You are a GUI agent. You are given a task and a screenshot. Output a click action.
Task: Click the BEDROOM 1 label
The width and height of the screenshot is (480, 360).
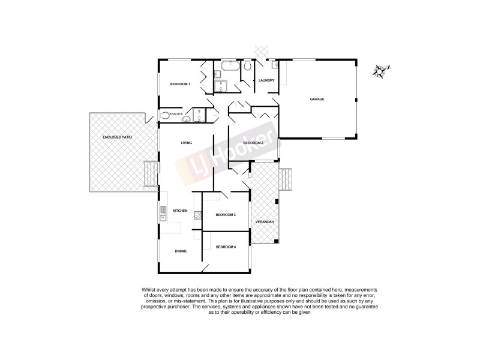click(180, 84)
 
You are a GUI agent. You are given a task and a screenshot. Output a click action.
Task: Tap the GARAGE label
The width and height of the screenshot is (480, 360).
click(317, 99)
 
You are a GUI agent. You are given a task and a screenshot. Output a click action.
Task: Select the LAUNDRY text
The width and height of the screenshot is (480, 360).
click(266, 80)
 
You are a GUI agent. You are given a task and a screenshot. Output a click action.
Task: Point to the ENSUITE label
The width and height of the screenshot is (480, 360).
click(176, 114)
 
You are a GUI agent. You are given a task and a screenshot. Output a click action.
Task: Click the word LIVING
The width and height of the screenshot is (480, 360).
click(187, 142)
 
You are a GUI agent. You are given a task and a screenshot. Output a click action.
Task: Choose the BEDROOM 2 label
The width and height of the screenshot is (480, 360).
click(253, 143)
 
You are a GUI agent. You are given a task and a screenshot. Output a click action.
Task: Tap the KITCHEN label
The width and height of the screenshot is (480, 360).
click(181, 211)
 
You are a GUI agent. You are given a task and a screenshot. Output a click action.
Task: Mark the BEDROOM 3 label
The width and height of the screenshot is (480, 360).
click(226, 214)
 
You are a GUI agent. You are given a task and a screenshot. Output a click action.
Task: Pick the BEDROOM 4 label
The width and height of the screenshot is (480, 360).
click(226, 247)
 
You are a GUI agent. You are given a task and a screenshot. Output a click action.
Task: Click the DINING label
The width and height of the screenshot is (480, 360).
click(181, 251)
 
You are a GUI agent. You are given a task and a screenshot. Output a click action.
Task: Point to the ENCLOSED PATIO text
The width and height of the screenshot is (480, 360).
click(117, 137)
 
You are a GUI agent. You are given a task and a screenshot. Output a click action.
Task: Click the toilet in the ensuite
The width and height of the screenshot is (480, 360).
click(165, 115)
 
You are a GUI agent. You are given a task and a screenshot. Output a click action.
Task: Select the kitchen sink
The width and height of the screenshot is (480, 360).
click(163, 210)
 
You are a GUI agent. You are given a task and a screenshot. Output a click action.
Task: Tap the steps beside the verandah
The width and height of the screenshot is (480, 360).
click(287, 178)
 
